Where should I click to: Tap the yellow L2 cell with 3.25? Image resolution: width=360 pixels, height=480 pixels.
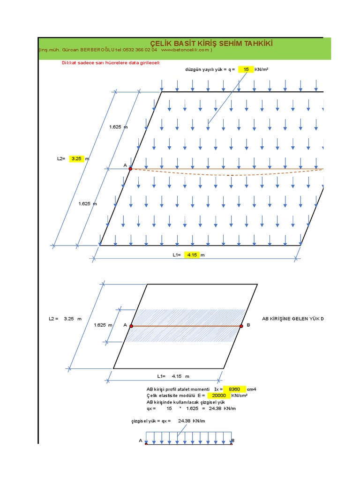click(x=76, y=159)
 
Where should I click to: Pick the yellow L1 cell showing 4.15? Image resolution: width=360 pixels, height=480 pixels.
click(x=192, y=255)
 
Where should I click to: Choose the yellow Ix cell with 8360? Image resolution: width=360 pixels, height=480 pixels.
click(x=234, y=389)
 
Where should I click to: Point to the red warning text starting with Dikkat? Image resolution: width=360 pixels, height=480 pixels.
click(x=111, y=63)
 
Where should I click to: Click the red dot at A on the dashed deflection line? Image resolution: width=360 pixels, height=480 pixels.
click(x=130, y=169)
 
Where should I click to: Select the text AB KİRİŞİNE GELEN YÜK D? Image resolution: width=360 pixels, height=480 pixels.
click(x=292, y=319)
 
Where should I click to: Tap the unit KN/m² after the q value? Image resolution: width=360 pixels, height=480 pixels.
click(x=262, y=69)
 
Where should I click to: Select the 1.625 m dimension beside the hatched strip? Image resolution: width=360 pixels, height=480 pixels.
click(x=103, y=325)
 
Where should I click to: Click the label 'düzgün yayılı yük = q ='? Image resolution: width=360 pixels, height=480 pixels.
click(x=210, y=69)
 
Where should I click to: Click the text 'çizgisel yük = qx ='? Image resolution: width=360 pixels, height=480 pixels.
click(x=151, y=421)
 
